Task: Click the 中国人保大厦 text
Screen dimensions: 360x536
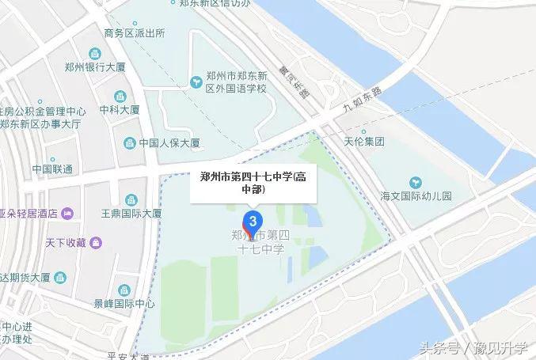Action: pos(169,143)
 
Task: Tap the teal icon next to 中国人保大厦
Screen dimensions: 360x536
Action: pos(129,143)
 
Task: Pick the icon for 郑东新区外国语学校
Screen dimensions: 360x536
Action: pos(194,81)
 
